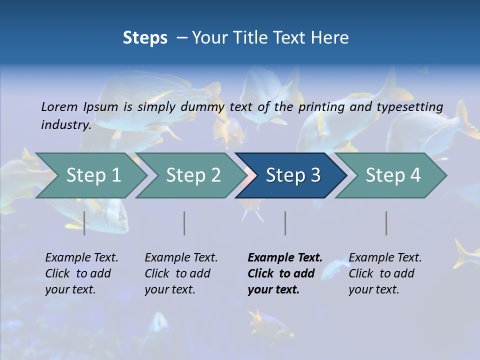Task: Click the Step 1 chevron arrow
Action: (93, 175)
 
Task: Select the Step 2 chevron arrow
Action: (193, 175)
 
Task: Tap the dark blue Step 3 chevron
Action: (293, 175)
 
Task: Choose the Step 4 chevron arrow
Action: (393, 175)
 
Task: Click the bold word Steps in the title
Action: (145, 37)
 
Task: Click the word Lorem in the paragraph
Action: (59, 106)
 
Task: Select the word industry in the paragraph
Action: (66, 124)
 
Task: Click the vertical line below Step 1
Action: (84, 223)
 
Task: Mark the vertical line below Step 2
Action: (184, 223)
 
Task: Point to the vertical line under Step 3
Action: (285, 223)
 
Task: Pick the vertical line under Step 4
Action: (386, 223)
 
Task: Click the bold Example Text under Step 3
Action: (285, 257)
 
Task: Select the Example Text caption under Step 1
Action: (81, 257)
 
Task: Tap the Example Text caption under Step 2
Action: (181, 257)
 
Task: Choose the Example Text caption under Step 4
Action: (385, 257)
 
